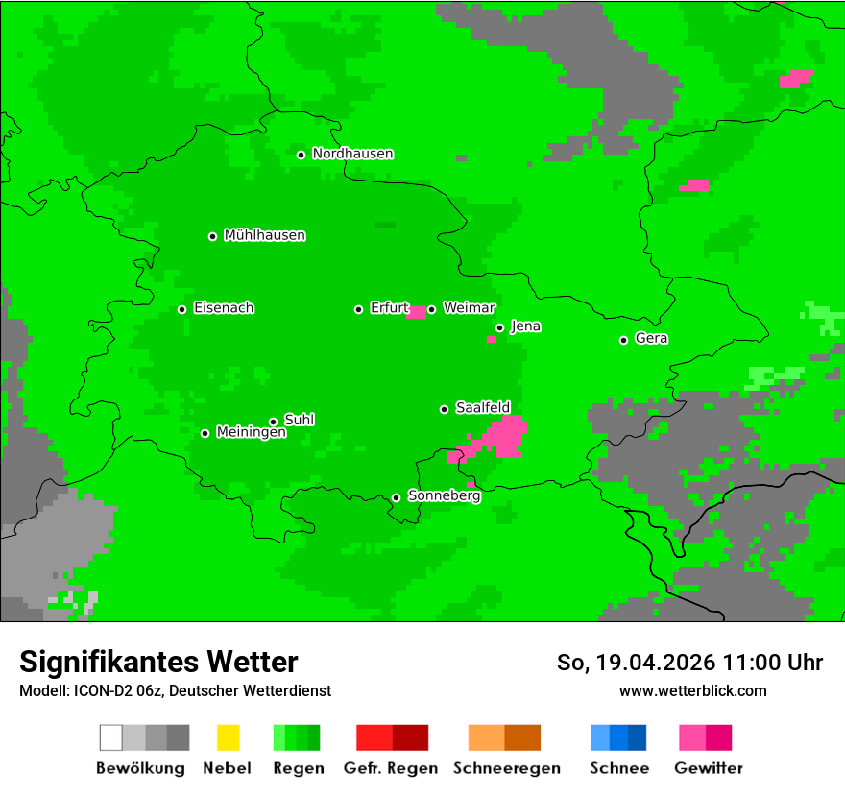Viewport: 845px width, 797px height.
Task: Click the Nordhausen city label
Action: (x=352, y=154)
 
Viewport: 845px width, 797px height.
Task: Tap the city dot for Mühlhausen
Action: (x=213, y=236)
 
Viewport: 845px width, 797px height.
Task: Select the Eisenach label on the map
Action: (x=224, y=308)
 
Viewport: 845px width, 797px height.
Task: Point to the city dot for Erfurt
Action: (x=359, y=309)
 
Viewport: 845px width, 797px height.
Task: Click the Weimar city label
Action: (x=469, y=308)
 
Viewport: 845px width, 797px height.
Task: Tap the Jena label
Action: (x=525, y=326)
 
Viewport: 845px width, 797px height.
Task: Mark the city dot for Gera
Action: (x=624, y=340)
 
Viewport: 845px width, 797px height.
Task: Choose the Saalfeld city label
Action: (x=482, y=408)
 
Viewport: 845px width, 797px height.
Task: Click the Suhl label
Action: (x=300, y=420)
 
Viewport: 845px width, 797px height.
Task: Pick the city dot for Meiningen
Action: (x=205, y=433)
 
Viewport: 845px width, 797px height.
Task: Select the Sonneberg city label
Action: (x=444, y=496)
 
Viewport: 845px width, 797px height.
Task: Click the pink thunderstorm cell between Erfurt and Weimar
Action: (x=417, y=312)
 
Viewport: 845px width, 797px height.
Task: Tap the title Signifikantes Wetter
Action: (x=158, y=662)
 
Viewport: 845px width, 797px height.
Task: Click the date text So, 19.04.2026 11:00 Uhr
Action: (x=689, y=663)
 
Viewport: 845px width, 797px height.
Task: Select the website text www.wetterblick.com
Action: (x=692, y=690)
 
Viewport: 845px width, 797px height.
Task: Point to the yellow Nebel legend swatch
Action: (x=228, y=737)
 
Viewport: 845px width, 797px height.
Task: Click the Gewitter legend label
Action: (x=708, y=768)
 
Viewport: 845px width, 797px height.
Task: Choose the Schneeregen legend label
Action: (x=506, y=768)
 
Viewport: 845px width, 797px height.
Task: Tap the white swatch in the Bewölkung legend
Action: (x=111, y=737)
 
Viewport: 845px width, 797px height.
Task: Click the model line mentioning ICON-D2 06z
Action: (x=175, y=690)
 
